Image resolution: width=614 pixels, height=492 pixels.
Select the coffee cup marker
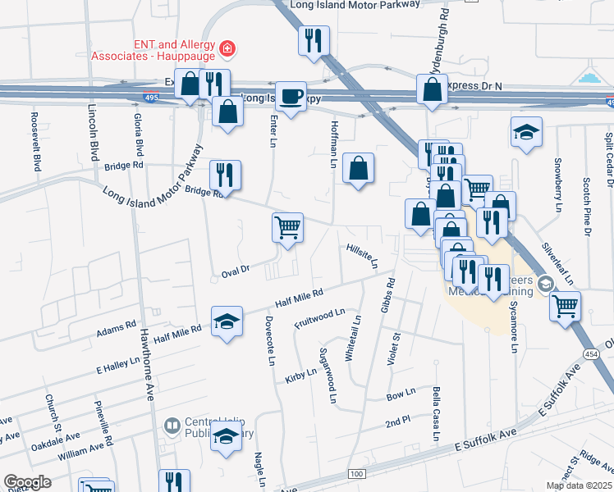(291, 97)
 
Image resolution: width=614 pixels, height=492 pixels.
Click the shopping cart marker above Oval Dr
(287, 226)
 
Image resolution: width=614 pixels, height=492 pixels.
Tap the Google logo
(28, 482)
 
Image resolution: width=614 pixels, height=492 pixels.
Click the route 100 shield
(355, 474)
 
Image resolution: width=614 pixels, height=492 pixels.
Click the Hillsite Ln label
(361, 256)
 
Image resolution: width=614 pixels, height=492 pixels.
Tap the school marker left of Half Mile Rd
(227, 321)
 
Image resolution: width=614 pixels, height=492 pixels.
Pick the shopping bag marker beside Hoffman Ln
(358, 169)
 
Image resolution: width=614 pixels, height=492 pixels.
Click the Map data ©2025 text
(579, 485)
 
